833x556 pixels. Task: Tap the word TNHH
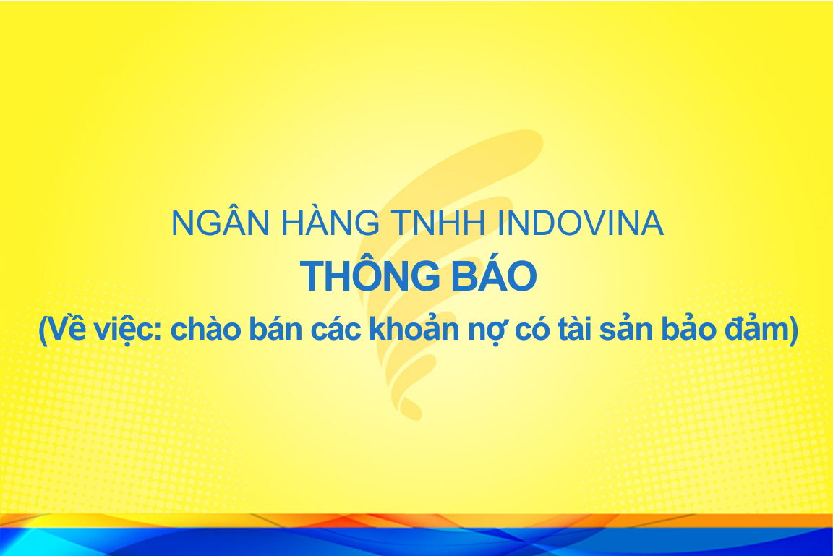pyautogui.click(x=438, y=223)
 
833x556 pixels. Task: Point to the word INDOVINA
pyautogui.click(x=580, y=223)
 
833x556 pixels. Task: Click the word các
pyautogui.click(x=336, y=328)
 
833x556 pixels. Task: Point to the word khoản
pyautogui.click(x=414, y=328)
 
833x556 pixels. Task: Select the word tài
pyautogui.click(x=573, y=328)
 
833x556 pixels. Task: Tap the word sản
pyautogui.click(x=625, y=328)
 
